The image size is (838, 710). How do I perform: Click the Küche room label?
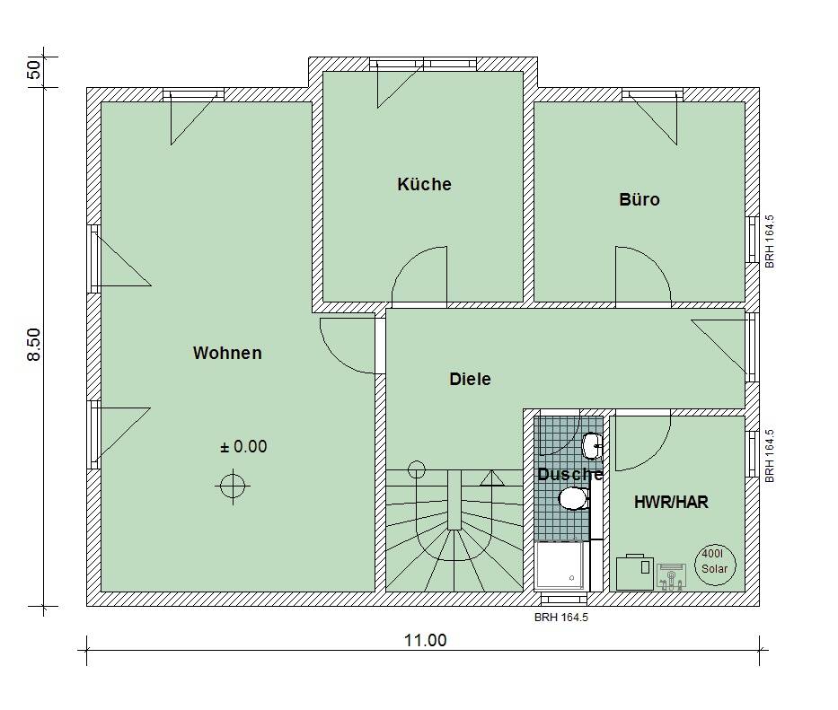(x=424, y=184)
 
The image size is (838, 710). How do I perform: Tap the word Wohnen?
(x=227, y=353)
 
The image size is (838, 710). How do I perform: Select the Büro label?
(x=639, y=199)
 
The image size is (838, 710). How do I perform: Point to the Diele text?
(x=470, y=380)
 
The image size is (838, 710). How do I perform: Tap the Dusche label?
(x=569, y=474)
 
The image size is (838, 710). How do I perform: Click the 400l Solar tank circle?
(x=715, y=564)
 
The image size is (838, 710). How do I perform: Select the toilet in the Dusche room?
(x=573, y=498)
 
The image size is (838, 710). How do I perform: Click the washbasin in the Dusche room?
(x=592, y=444)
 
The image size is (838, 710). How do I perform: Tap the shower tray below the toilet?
(x=561, y=566)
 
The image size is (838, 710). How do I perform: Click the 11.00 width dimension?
(x=425, y=640)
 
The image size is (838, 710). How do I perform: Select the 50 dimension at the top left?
(x=34, y=70)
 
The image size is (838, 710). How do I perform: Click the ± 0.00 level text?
(x=243, y=446)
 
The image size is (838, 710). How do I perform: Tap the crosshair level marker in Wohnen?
(x=232, y=486)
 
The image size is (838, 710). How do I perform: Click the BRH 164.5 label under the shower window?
(x=560, y=618)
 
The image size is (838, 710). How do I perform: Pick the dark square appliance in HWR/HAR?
(x=634, y=572)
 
